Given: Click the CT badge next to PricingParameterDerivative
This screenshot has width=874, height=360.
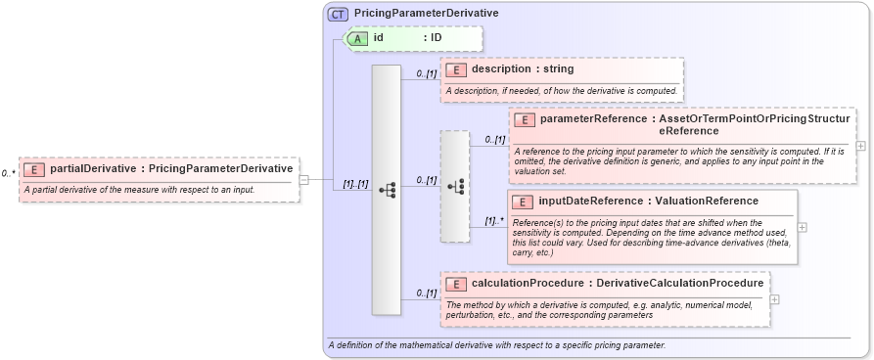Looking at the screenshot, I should click(338, 14).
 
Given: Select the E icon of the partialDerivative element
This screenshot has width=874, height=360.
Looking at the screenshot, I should click(34, 169).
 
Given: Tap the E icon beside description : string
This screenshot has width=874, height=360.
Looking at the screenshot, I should click(456, 69).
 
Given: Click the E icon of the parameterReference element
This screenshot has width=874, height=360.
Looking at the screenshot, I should click(525, 119).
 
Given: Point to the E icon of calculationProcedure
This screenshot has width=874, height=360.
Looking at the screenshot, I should click(456, 284).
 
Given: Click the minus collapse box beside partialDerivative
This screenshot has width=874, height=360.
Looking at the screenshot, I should click(304, 180).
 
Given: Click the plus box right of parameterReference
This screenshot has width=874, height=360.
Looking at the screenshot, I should click(860, 146).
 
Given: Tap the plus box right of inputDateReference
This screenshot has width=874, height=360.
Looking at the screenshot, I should click(803, 226).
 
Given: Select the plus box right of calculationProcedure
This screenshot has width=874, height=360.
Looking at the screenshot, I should click(775, 299).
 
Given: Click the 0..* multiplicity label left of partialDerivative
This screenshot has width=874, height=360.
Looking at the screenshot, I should click(9, 173).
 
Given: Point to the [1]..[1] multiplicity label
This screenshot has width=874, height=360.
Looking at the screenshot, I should click(353, 184).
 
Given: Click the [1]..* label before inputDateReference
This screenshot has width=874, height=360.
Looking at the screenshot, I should click(495, 221).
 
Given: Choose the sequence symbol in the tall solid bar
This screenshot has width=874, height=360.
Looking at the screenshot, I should click(387, 190).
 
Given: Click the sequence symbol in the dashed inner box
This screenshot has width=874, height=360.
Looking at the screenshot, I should click(455, 186).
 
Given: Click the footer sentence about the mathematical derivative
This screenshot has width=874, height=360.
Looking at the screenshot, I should click(497, 345).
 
